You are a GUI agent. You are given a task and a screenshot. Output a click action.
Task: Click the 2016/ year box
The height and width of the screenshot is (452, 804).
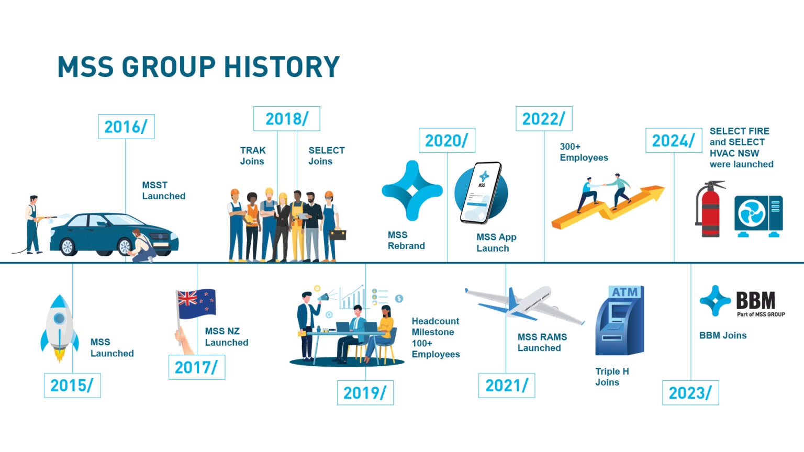click(x=126, y=127)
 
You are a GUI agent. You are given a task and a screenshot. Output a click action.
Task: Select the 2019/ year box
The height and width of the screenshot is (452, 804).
click(x=365, y=392)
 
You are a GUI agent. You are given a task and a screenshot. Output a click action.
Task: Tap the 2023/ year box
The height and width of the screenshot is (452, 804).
click(x=690, y=392)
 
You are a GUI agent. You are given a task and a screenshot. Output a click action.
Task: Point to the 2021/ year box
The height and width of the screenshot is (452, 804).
click(x=507, y=385)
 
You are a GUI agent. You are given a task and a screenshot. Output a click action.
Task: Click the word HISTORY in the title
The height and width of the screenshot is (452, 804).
click(x=282, y=67)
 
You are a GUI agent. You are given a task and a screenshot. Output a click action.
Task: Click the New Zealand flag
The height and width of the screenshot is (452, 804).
click(x=197, y=303)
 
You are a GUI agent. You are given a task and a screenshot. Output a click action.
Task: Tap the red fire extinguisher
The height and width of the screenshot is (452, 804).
click(x=710, y=209)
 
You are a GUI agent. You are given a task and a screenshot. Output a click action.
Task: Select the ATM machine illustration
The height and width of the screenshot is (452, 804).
click(x=620, y=320)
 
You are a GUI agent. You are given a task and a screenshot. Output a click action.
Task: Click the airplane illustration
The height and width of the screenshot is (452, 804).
click(x=525, y=304)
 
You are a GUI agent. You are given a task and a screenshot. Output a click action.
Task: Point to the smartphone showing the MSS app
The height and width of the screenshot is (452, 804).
click(x=481, y=193)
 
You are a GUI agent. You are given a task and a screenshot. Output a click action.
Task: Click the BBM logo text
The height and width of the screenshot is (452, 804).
click(x=755, y=300)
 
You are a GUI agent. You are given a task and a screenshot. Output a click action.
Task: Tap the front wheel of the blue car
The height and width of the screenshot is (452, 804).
click(x=124, y=247)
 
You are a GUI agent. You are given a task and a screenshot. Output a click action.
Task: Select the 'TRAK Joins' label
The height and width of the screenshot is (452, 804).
click(x=253, y=156)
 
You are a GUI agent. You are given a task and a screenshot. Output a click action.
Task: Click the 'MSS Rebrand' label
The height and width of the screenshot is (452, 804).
click(x=406, y=240)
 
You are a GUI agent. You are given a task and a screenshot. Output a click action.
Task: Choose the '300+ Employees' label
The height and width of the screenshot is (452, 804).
click(x=584, y=152)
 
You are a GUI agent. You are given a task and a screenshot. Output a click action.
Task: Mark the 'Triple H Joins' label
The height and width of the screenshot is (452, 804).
click(x=612, y=377)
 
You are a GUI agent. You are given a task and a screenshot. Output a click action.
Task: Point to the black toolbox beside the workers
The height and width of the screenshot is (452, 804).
click(x=338, y=234)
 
